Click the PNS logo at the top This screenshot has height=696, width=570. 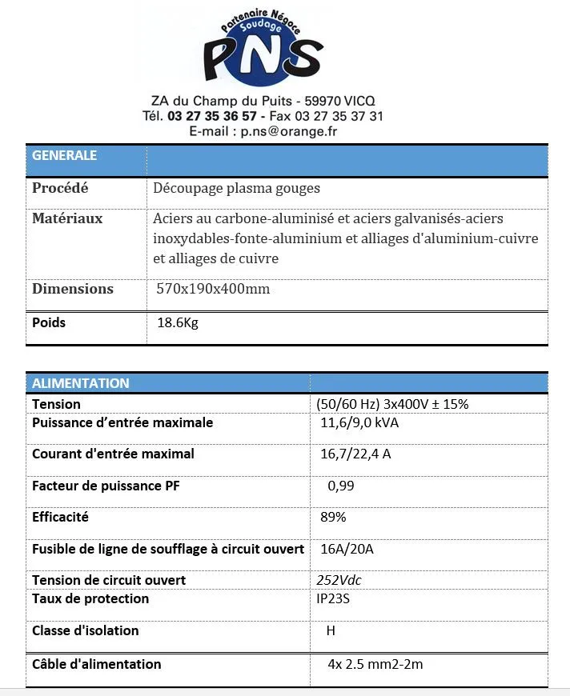(x=263, y=50)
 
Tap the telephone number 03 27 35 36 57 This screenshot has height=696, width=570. (x=211, y=116)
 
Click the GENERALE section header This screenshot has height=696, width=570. (x=65, y=155)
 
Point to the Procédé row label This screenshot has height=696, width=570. (x=60, y=189)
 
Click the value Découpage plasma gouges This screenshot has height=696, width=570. (x=237, y=189)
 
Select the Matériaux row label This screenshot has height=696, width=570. (x=67, y=218)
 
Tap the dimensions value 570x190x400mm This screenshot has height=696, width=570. (x=214, y=289)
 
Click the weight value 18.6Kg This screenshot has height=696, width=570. (x=178, y=323)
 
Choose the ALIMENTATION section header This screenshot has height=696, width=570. (x=81, y=383)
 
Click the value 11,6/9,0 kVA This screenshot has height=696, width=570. (x=359, y=422)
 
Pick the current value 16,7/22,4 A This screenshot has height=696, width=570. (x=355, y=454)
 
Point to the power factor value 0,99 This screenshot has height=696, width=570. (x=341, y=486)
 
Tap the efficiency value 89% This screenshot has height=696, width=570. (x=333, y=518)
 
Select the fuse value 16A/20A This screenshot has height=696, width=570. (x=347, y=549)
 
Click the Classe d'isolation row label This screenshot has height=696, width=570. (x=86, y=630)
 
